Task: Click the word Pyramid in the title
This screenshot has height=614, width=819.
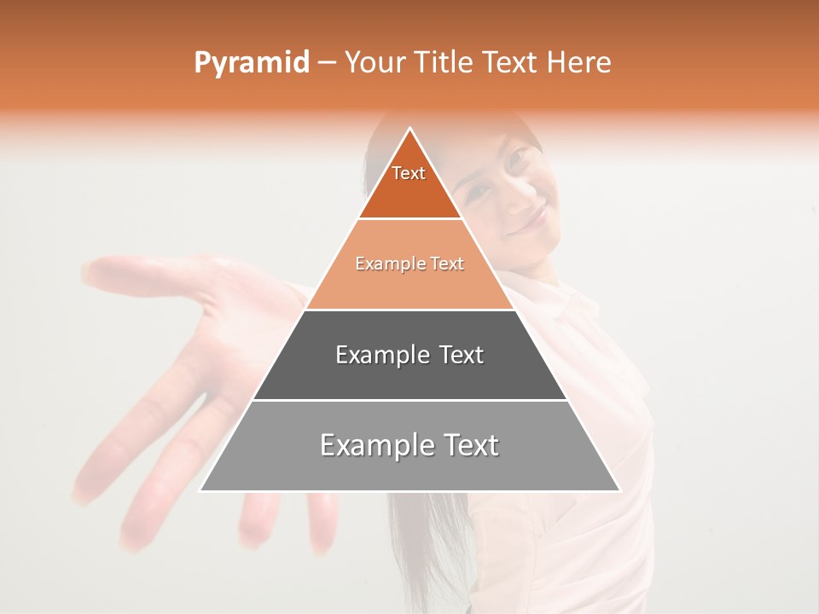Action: pyautogui.click(x=251, y=63)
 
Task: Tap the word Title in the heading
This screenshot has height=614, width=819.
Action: pyautogui.click(x=447, y=63)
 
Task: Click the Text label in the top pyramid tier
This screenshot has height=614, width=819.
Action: pyautogui.click(x=409, y=173)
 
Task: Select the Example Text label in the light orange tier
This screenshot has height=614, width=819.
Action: pyautogui.click(x=409, y=264)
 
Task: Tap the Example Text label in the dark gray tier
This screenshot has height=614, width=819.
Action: pyautogui.click(x=409, y=355)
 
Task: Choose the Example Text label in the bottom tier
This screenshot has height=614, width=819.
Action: pyautogui.click(x=409, y=445)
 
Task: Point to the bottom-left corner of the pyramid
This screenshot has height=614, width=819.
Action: pyautogui.click(x=200, y=490)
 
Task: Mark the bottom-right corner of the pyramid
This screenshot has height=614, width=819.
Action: pyautogui.click(x=619, y=490)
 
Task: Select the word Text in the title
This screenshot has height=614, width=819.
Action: pyautogui.click(x=512, y=63)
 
